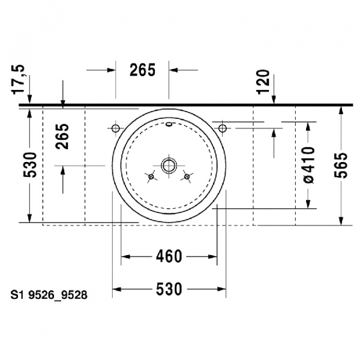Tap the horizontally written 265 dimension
pos(143,70)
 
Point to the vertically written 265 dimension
pos(62,136)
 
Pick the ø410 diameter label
pos(308,164)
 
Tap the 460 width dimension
pos(169,257)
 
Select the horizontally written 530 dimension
pos(169,289)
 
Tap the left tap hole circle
pos(116,128)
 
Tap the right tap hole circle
pos(222,128)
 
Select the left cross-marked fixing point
pos(151,176)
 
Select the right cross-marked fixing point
pos(187,176)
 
